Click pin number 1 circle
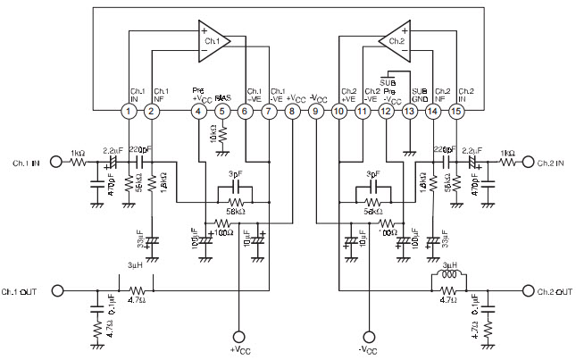(x=129, y=112)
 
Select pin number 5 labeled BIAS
(x=222, y=112)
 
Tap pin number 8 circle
(x=292, y=112)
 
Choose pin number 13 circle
(x=409, y=112)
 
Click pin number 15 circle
(x=456, y=112)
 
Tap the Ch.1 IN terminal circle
(x=55, y=163)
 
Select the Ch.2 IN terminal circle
(x=529, y=163)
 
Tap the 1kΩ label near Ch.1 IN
(x=79, y=154)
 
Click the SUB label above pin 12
(x=388, y=81)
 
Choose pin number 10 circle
(x=338, y=112)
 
